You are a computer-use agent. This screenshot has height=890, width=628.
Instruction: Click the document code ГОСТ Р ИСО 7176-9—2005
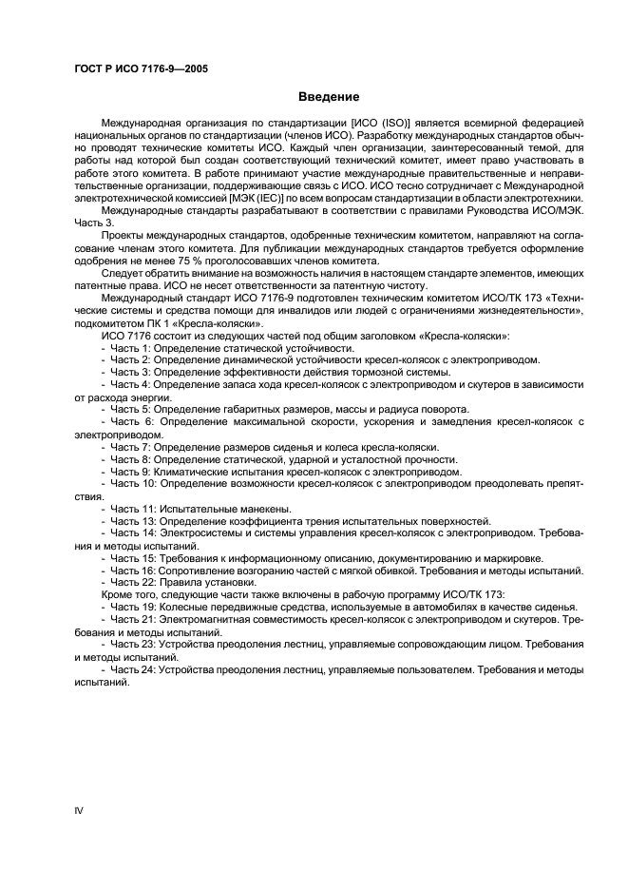[x=142, y=69]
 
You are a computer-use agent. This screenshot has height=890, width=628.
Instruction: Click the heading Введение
[x=329, y=97]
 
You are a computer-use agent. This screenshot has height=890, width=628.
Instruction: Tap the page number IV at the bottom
[x=79, y=809]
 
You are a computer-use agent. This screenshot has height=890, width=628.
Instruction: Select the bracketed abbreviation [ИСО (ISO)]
[x=382, y=124]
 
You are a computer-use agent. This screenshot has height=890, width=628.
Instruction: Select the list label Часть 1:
[x=130, y=348]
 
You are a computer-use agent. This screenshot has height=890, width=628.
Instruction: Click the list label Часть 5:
[x=130, y=409]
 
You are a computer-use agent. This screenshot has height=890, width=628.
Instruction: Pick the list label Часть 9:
[x=130, y=471]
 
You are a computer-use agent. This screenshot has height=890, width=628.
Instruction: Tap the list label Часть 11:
[x=133, y=508]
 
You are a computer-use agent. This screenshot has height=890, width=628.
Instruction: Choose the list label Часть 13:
[x=133, y=521]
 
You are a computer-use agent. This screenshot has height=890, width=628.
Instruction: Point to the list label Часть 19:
[x=133, y=607]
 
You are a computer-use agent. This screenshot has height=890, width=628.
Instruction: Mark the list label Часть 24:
[x=133, y=669]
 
